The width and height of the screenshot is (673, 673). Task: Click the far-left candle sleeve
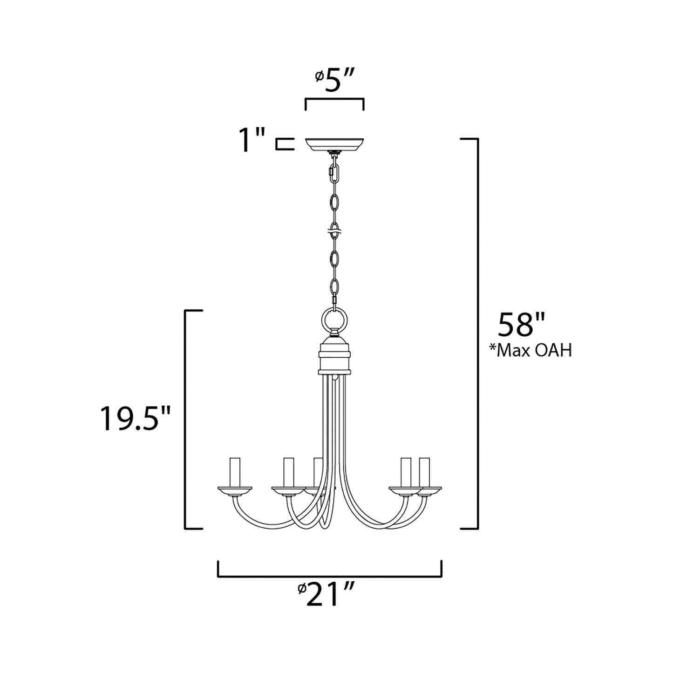(235, 472)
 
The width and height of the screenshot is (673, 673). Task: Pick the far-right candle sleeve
(424, 472)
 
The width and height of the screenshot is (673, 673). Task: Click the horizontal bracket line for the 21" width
(329, 576)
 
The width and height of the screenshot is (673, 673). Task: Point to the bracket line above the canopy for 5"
(334, 99)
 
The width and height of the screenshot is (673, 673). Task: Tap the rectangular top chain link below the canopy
(333, 172)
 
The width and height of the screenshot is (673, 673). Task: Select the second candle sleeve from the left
(289, 472)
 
